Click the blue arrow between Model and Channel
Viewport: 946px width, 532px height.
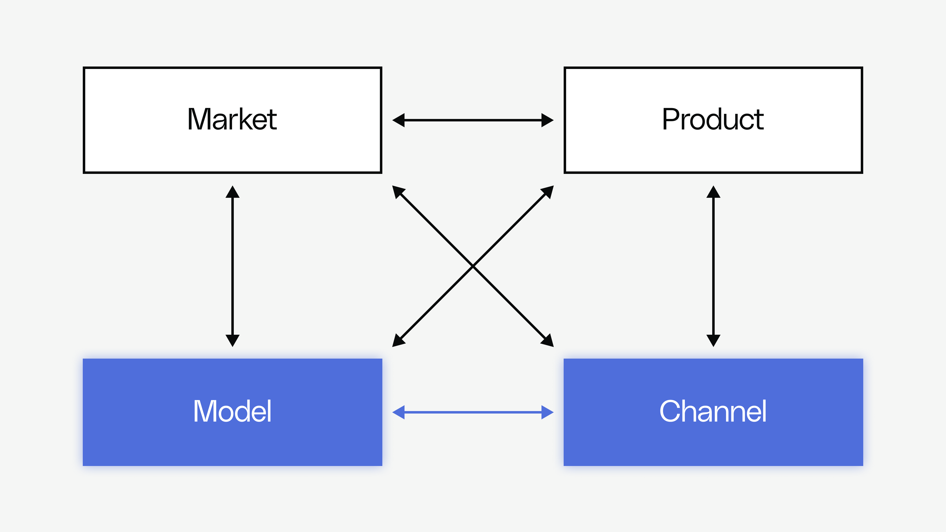click(x=473, y=412)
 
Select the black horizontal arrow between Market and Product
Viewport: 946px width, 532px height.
click(x=473, y=120)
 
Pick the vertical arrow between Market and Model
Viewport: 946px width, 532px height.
click(x=233, y=266)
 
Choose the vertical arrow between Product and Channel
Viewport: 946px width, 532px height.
click(x=713, y=266)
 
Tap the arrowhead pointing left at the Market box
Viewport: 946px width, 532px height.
click(x=399, y=120)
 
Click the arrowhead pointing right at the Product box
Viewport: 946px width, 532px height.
click(x=547, y=120)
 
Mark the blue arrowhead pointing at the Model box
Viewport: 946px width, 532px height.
click(x=399, y=412)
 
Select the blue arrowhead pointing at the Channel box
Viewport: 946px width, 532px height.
click(x=547, y=412)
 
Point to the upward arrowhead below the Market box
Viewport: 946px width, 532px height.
click(x=233, y=192)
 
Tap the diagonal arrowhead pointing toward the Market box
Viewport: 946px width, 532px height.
click(x=398, y=191)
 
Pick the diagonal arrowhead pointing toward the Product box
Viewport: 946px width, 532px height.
click(x=548, y=191)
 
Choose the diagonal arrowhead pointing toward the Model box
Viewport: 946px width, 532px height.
click(x=398, y=341)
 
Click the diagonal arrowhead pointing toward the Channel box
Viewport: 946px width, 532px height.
click(x=548, y=341)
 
